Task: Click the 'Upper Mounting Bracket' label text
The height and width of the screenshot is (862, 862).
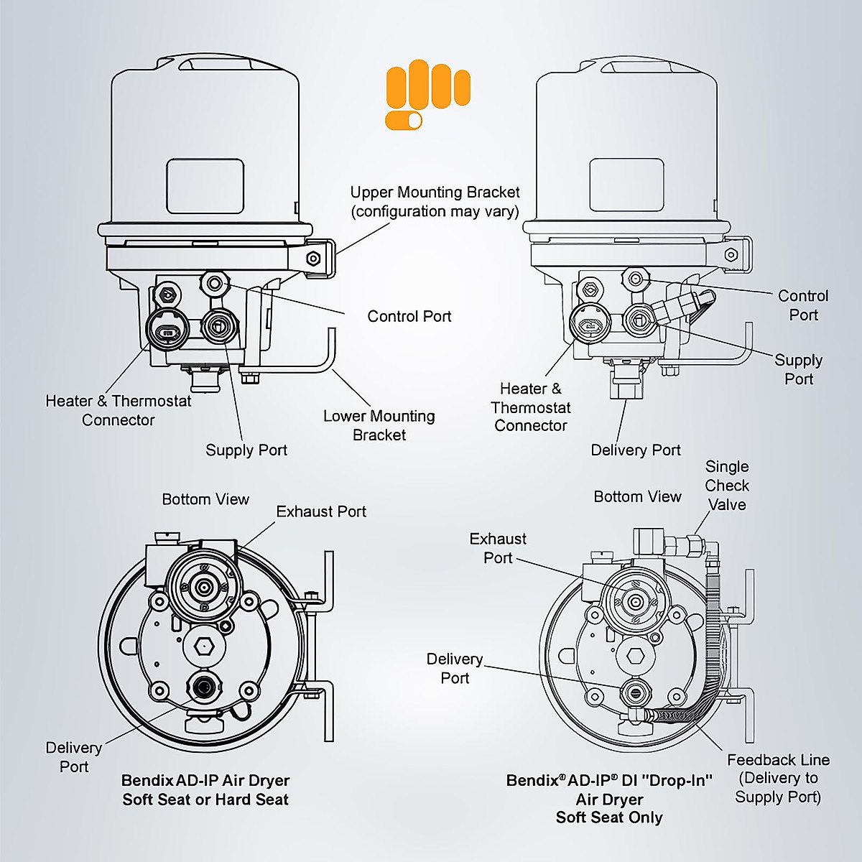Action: [435, 202]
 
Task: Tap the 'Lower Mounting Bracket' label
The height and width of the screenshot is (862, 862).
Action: [379, 425]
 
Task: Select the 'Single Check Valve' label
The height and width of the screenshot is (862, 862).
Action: [726, 486]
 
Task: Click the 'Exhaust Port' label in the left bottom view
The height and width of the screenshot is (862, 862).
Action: [321, 511]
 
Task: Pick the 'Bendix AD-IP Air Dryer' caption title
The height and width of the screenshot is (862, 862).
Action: [205, 781]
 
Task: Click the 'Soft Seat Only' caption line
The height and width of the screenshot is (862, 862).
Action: [609, 817]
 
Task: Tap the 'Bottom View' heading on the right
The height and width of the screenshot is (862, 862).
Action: [637, 496]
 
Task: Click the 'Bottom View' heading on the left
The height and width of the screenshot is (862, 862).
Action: [205, 499]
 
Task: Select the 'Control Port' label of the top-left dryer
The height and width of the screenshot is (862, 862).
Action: [409, 317]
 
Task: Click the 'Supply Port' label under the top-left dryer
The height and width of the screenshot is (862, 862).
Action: [246, 450]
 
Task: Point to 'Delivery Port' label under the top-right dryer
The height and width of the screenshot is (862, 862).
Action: [636, 450]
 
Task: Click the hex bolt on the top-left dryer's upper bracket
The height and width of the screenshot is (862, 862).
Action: [313, 259]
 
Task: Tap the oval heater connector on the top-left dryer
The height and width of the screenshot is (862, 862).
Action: [167, 331]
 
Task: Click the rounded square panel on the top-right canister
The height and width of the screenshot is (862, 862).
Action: [626, 185]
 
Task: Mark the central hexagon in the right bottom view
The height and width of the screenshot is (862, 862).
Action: [635, 656]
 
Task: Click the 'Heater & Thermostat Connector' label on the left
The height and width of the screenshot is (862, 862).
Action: [119, 410]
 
